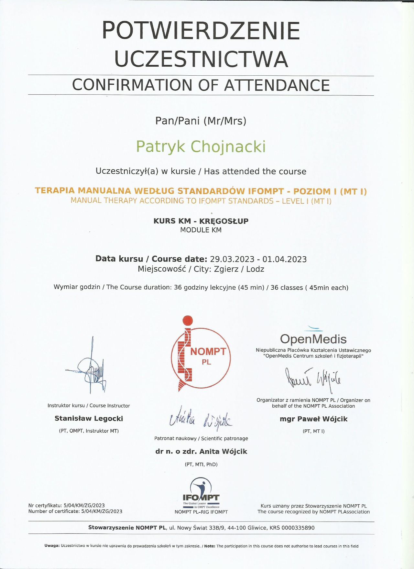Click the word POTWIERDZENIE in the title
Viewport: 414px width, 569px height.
click(201, 31)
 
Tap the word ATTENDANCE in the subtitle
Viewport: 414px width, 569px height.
click(277, 85)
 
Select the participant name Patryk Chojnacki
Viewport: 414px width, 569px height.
click(201, 147)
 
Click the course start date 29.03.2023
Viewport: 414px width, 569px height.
click(232, 259)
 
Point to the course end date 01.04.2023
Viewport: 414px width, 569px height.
click(285, 259)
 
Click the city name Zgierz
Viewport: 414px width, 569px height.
click(226, 269)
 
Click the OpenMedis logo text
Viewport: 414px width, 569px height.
click(313, 339)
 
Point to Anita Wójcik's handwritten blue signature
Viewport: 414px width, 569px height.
click(201, 419)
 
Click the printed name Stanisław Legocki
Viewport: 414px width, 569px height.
click(89, 419)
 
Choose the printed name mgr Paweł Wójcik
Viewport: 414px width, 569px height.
click(313, 419)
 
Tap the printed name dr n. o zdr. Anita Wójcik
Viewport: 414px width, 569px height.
click(201, 452)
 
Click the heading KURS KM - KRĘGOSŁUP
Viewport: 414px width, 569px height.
click(201, 221)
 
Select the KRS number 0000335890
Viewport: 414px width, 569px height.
click(298, 528)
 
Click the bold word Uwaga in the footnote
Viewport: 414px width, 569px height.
click(52, 546)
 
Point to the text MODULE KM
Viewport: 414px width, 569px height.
click(201, 230)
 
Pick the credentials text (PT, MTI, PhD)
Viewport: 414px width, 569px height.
click(201, 465)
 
